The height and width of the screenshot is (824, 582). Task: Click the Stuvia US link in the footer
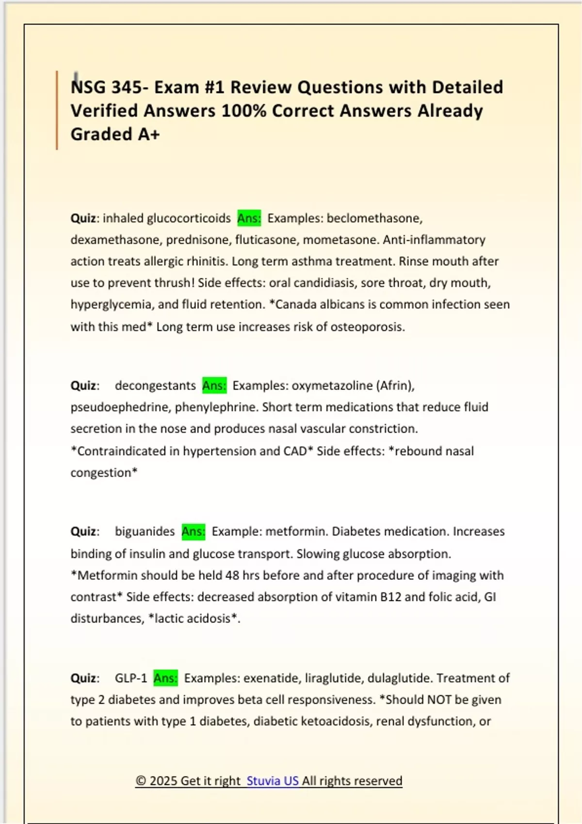[x=272, y=781]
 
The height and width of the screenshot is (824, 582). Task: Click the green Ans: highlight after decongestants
[x=214, y=385]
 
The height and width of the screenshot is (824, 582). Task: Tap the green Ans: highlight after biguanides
[x=193, y=531]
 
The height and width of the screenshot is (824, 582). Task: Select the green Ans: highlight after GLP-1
[x=165, y=678]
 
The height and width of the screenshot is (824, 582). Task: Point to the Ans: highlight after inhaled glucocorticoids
[x=249, y=218]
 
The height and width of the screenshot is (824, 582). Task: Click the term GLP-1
[x=130, y=678]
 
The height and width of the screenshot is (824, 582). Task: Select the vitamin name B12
[x=390, y=597]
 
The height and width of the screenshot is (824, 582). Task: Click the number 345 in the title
[x=127, y=87]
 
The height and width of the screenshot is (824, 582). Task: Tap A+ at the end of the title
[x=148, y=134]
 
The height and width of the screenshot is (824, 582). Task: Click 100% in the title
[x=243, y=111]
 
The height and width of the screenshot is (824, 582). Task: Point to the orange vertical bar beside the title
[x=57, y=110]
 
